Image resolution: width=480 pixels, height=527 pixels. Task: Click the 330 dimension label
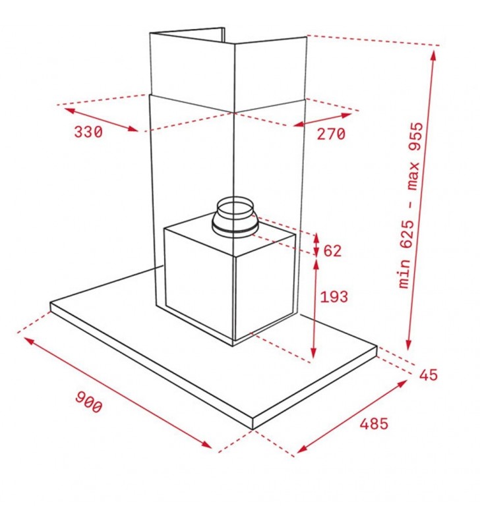tap(88, 132)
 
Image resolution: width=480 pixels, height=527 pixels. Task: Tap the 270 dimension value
tap(331, 134)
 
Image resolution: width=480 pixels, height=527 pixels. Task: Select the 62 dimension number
tap(332, 251)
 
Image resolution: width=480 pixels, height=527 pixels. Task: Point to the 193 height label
tap(334, 297)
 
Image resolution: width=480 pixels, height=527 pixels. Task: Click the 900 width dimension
tap(88, 401)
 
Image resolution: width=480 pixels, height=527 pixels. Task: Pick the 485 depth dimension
tap(374, 424)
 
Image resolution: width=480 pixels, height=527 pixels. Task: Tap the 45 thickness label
tap(428, 375)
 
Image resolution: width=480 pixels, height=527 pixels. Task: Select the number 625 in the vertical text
tap(406, 235)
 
